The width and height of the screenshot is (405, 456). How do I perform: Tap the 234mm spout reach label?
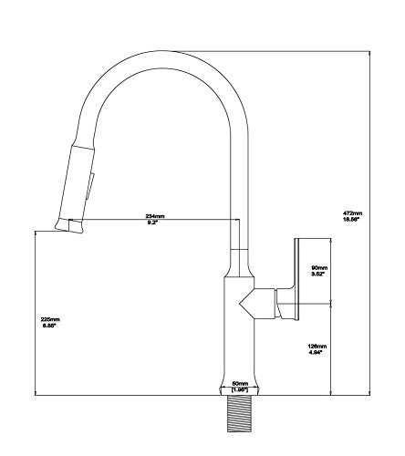155,216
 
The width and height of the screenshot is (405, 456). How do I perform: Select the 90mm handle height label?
319,268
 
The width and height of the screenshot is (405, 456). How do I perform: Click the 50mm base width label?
240,383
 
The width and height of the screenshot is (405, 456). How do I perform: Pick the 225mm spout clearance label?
50,319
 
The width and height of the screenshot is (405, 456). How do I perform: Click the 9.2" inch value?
153,223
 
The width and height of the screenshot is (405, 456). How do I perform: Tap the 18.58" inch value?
351,219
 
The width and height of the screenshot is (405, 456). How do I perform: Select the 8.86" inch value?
50,326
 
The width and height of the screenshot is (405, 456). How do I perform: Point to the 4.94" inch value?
316,352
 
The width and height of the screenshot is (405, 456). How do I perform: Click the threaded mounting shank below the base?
240,414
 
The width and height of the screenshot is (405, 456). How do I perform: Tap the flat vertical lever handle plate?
297,279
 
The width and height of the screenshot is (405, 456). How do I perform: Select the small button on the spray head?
90,186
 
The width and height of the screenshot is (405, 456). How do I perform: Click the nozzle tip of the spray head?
68,226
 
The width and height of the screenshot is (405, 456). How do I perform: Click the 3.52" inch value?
318,274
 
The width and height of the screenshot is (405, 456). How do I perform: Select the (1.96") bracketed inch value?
240,389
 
